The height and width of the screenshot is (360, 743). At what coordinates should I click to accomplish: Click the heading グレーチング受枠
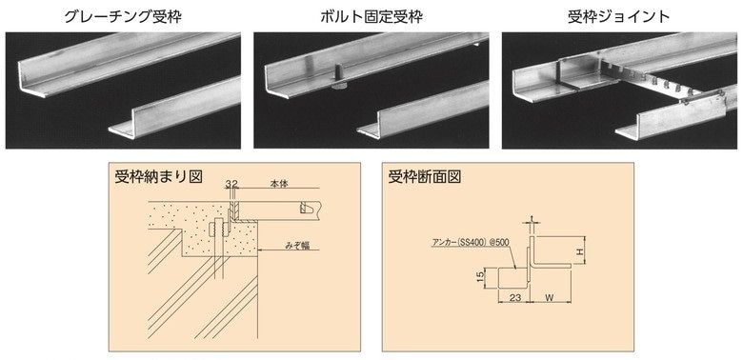[x=123, y=16]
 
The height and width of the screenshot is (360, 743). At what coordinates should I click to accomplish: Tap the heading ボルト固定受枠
[x=371, y=16]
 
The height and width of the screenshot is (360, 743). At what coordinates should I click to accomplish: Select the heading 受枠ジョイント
[x=619, y=16]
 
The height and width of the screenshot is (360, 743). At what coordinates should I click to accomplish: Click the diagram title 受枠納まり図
[x=159, y=176]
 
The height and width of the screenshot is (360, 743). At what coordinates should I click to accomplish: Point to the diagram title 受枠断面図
[x=425, y=176]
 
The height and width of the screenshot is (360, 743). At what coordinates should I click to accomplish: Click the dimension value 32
[x=231, y=183]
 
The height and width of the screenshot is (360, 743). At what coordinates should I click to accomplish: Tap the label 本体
[x=278, y=183]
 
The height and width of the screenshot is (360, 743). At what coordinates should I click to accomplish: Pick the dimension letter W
[x=550, y=298]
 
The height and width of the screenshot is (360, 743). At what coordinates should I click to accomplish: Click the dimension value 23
[x=512, y=298]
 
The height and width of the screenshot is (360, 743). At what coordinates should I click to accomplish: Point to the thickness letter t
[x=532, y=219]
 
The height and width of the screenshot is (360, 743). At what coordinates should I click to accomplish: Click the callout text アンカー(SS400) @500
[x=471, y=242]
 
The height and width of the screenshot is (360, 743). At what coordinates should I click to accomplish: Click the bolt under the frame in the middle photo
[x=339, y=78]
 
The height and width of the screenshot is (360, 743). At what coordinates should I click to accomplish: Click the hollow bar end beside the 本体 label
[x=307, y=208]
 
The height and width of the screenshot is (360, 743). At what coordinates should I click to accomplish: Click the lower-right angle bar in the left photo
[x=175, y=110]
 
